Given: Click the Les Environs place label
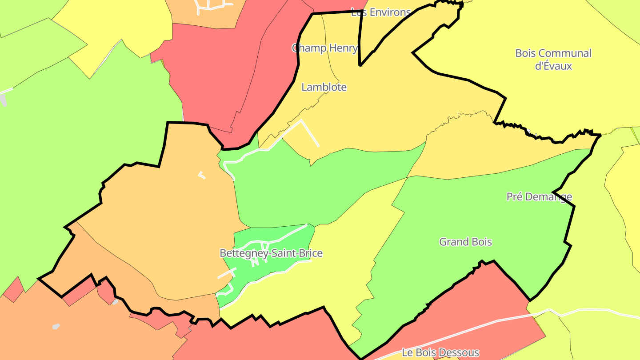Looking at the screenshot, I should tap(380, 12).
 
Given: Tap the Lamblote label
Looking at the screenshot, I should tap(324, 87).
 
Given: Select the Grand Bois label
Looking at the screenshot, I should tap(465, 242).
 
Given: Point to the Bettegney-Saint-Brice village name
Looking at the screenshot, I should tap(271, 253).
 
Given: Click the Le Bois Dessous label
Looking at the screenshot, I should tap(440, 352).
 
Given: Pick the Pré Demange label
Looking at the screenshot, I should tap(539, 196).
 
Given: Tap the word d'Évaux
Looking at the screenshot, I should tap(553, 66).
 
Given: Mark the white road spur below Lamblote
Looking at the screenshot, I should tap(311, 133).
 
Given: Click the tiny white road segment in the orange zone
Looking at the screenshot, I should tap(202, 175).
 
